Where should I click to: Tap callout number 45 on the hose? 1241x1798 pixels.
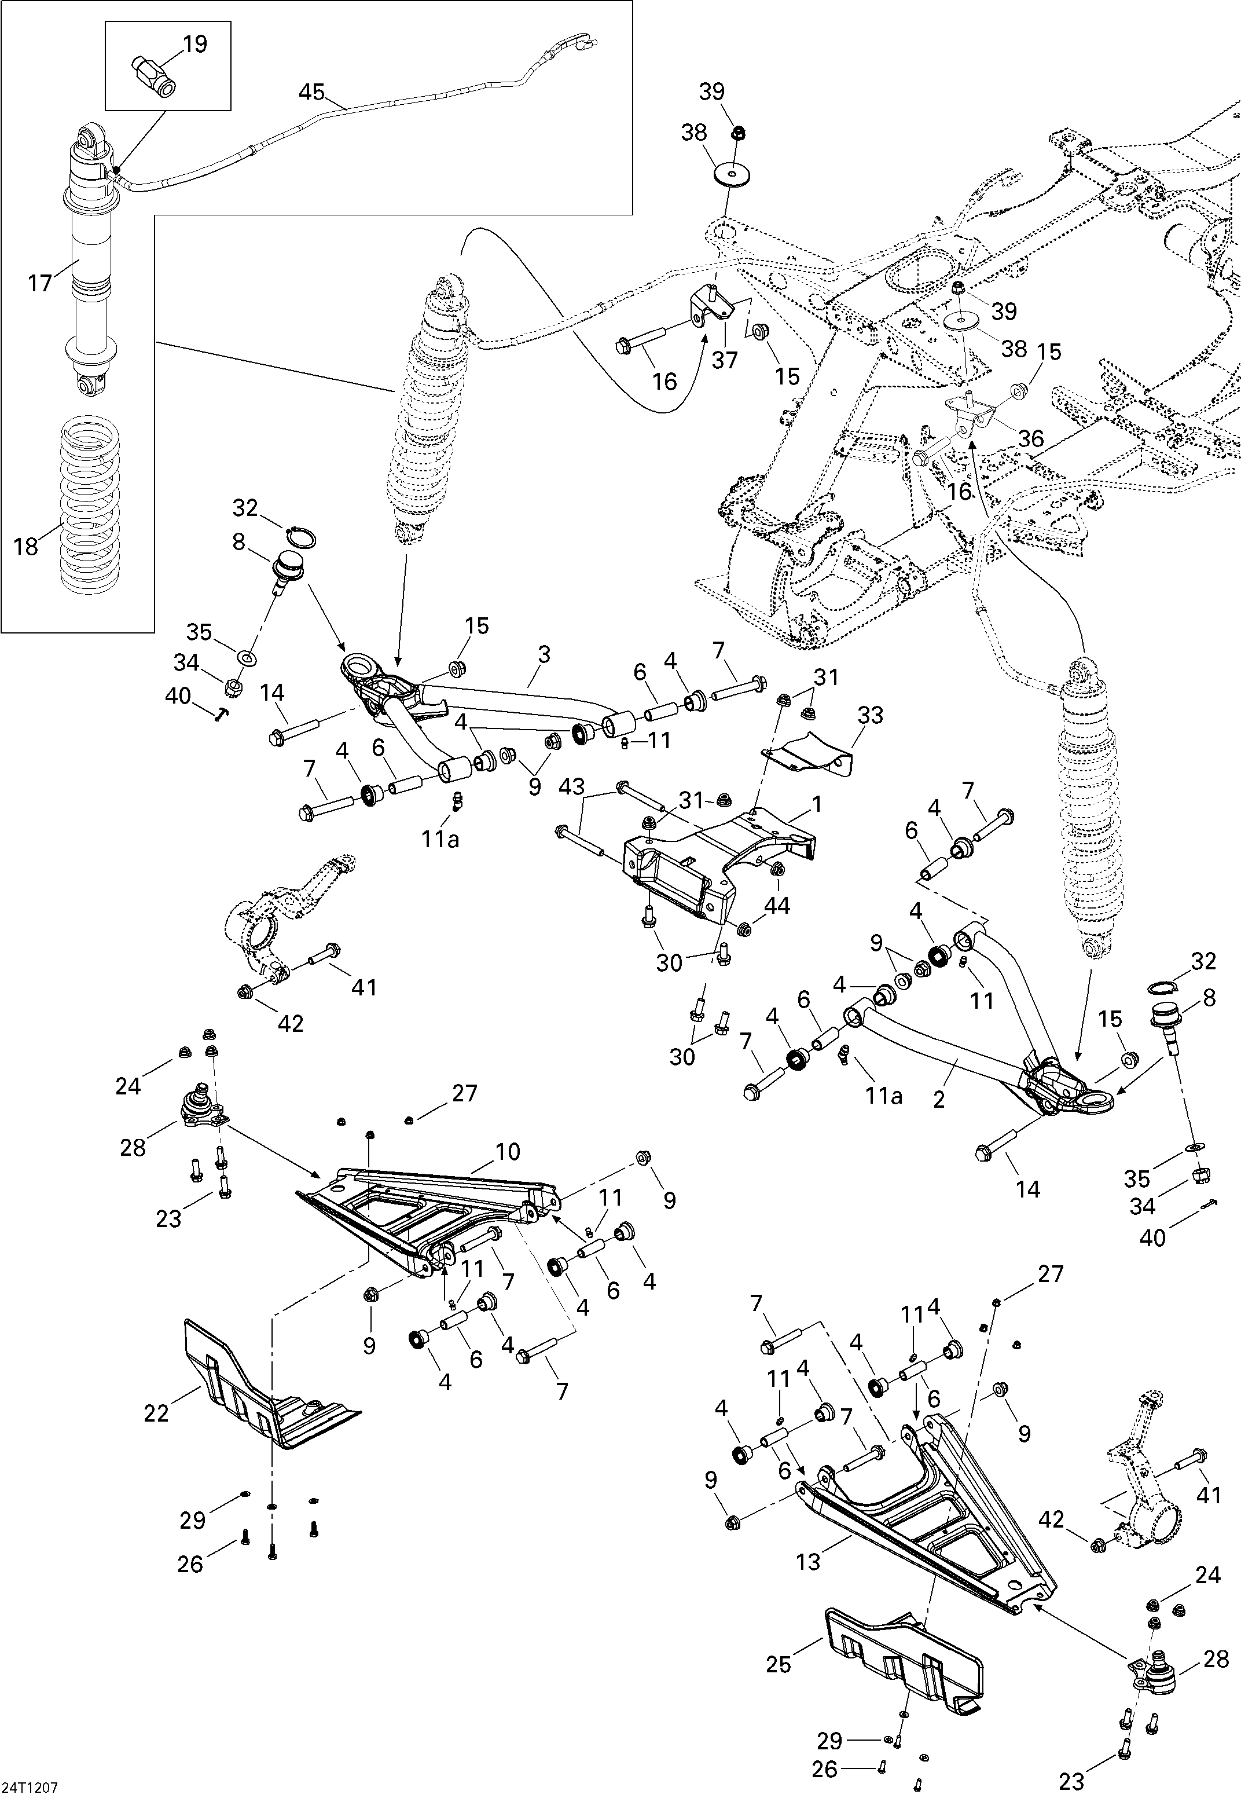coord(312,93)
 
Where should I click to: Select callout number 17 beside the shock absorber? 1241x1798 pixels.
coord(41,283)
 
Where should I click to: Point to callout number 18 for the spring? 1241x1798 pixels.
coord(25,547)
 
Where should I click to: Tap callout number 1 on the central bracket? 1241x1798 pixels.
coord(817,803)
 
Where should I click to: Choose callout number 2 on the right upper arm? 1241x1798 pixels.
coord(939,1100)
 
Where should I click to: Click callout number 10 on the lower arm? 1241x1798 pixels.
coord(508,1152)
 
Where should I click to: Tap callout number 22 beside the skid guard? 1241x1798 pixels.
coord(156,1412)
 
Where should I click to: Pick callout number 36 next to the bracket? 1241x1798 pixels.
coord(1031,438)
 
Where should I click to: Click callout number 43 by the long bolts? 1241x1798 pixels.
coord(571,787)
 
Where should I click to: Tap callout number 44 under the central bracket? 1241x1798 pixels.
coord(777,905)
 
